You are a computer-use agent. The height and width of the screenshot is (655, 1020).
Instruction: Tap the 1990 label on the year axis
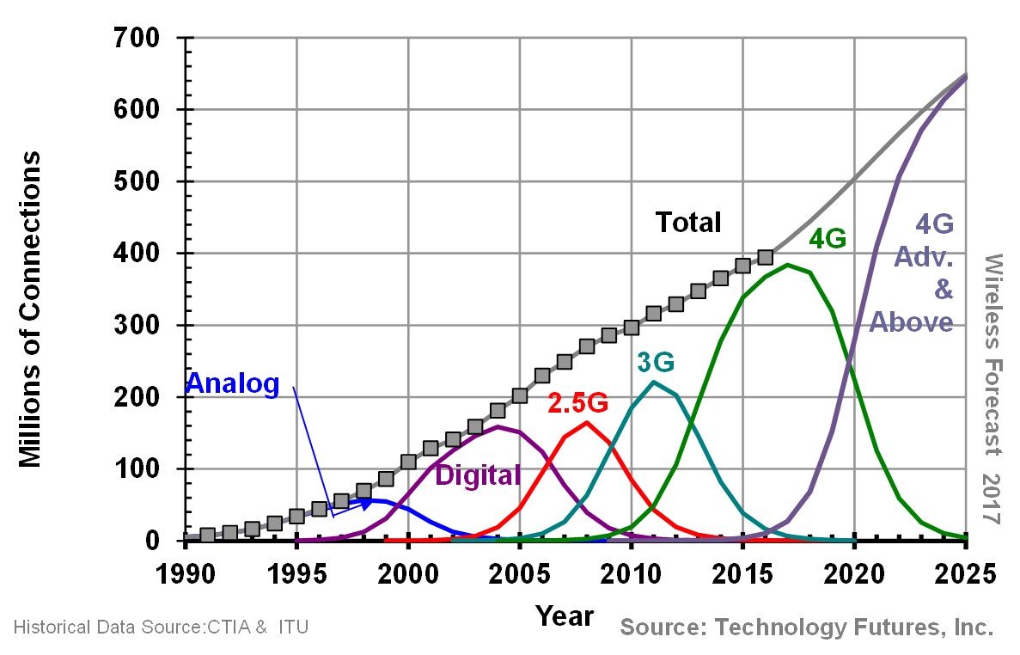[x=185, y=573]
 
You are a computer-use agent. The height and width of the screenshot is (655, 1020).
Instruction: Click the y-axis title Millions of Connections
[x=31, y=309]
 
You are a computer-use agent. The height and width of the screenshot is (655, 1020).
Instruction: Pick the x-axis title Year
[x=565, y=615]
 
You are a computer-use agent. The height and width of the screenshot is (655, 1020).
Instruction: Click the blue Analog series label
[x=233, y=384]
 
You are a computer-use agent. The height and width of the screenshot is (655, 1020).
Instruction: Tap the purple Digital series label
[x=478, y=474]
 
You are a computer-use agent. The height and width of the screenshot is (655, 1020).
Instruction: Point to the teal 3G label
[x=656, y=363]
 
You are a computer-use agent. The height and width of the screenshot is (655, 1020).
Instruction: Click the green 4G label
[x=828, y=238]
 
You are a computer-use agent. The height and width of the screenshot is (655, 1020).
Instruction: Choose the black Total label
[x=688, y=222]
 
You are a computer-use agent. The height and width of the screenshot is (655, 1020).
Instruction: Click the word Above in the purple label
[x=912, y=321]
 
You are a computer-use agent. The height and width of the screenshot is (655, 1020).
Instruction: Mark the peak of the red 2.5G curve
[x=587, y=422]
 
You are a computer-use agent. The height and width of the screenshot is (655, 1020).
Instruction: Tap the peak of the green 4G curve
[x=788, y=265]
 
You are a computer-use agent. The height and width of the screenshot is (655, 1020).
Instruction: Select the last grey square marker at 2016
[x=766, y=257]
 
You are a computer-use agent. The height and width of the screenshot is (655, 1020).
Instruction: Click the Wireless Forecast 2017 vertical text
[x=994, y=389]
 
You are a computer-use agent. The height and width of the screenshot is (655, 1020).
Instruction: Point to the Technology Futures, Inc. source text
[x=806, y=627]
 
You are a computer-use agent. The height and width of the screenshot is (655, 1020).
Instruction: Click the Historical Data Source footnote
[x=161, y=627]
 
